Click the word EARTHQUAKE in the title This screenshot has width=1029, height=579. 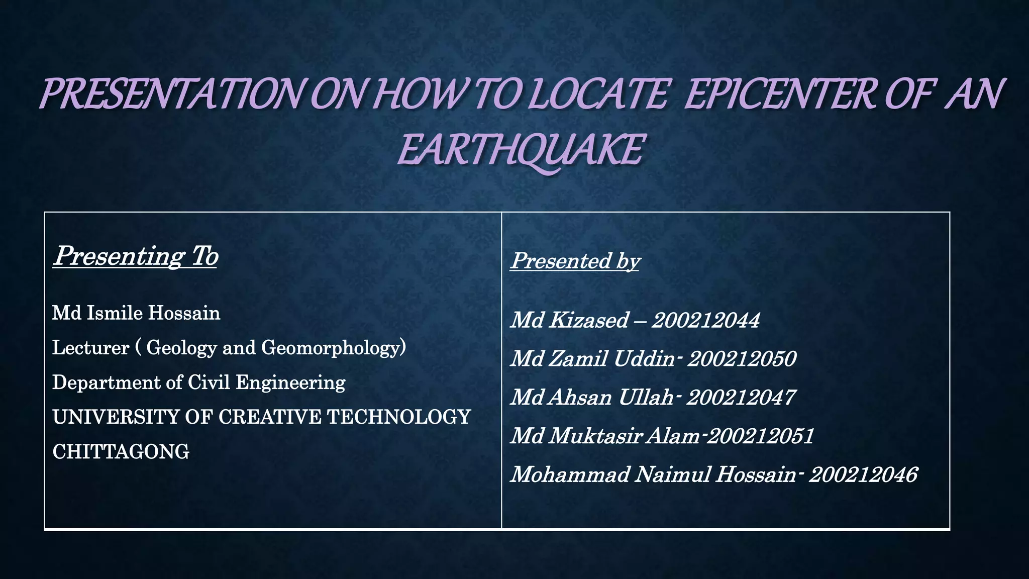pyautogui.click(x=521, y=150)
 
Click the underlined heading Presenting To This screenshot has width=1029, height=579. pyautogui.click(x=136, y=256)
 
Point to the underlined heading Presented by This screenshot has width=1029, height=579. pyautogui.click(x=575, y=261)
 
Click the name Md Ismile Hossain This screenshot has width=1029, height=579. pyautogui.click(x=136, y=313)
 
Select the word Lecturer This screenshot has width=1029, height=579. pyautogui.click(x=91, y=348)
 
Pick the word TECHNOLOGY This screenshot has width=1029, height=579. pyautogui.click(x=399, y=417)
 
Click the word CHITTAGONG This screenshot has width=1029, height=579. pyautogui.click(x=121, y=452)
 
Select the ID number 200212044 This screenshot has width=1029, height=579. pyautogui.click(x=705, y=320)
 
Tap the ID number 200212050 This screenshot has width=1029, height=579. pyautogui.click(x=742, y=359)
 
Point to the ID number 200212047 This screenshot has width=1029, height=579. pyautogui.click(x=741, y=398)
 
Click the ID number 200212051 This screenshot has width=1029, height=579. pyautogui.click(x=761, y=436)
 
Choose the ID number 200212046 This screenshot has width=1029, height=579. pyautogui.click(x=863, y=474)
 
